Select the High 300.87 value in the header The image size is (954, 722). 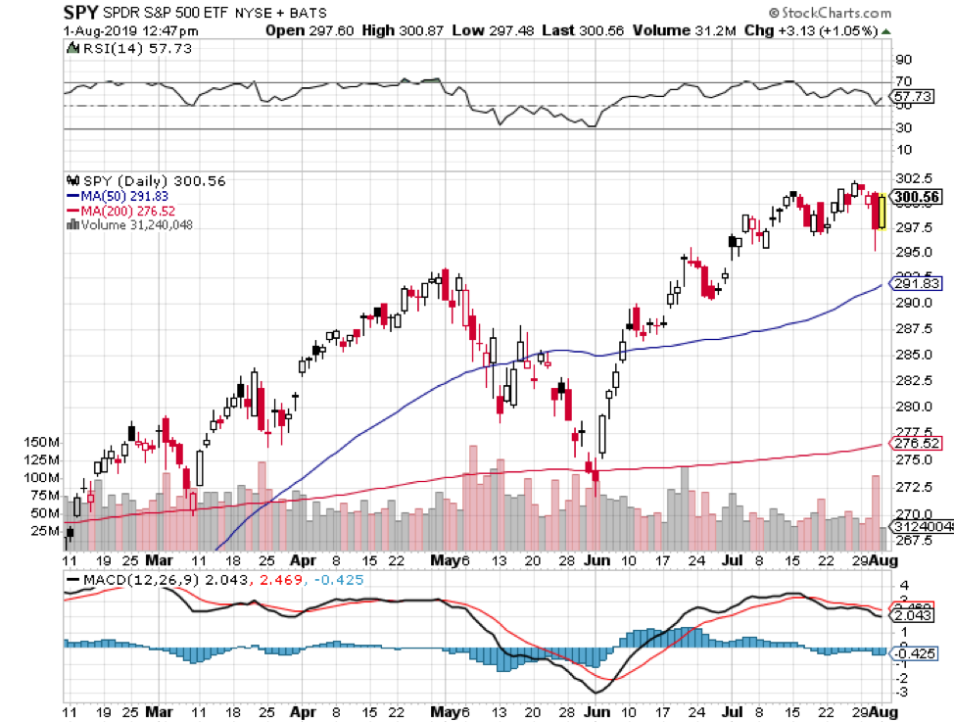tap(403, 30)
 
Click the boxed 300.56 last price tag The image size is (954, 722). tap(917, 196)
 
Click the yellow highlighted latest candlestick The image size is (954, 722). tap(882, 213)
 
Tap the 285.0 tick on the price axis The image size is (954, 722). tap(911, 354)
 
